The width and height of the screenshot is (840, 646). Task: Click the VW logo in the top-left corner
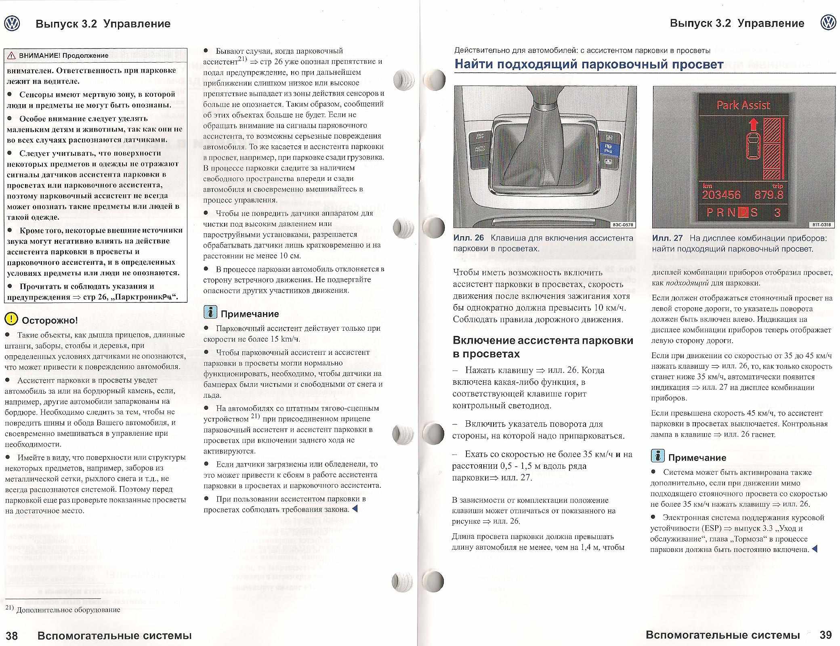point(12,24)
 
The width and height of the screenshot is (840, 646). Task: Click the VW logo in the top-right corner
point(828,23)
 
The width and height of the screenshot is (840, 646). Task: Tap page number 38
point(12,636)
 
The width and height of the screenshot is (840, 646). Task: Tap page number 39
point(826,635)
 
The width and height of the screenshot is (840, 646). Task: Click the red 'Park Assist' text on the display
point(743,105)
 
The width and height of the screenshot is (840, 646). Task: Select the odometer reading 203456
point(721,195)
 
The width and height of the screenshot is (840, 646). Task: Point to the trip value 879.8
point(769,195)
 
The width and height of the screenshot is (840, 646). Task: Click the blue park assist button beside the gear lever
point(607,148)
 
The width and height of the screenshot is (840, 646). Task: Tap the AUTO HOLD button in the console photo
point(480,150)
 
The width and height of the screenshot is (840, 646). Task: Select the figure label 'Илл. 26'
point(468,238)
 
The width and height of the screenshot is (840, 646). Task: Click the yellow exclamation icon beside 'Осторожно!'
point(11,319)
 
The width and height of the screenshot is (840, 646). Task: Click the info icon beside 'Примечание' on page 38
point(210,313)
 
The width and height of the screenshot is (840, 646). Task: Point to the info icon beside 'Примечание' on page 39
point(658,456)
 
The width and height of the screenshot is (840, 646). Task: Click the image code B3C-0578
point(623,224)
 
